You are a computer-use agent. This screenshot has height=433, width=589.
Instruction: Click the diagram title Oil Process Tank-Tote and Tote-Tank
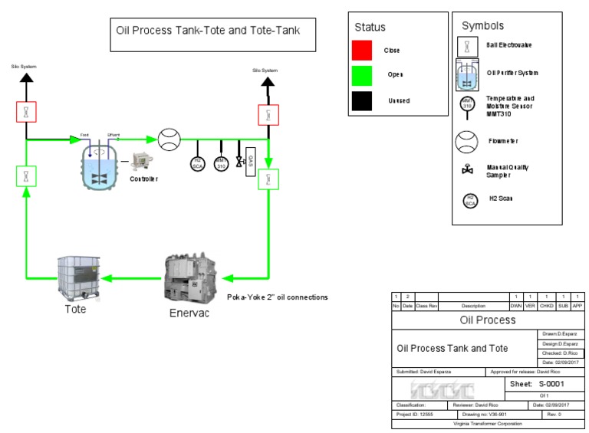point(208,31)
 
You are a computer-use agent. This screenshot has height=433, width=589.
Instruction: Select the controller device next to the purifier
point(143,162)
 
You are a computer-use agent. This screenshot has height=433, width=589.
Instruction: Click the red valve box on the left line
point(26,112)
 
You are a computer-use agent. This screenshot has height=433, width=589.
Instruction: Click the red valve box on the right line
point(268,115)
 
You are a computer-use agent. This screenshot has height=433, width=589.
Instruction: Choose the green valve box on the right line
point(268,180)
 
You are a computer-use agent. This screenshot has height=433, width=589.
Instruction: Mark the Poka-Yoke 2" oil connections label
point(278,297)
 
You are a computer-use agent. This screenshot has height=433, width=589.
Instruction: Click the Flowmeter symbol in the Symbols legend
point(467,142)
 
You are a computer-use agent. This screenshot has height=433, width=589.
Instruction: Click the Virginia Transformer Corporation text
point(487,423)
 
